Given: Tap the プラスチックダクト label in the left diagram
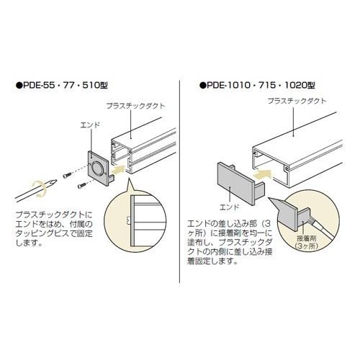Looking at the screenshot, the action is [136, 106].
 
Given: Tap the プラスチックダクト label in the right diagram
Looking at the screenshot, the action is [297, 101].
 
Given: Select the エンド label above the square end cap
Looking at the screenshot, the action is [90, 125].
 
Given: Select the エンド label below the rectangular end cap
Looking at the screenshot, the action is [230, 207].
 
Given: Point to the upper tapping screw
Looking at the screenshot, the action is [67, 176].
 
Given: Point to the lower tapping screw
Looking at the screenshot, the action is [83, 185].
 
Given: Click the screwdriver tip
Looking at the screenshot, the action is [53, 182].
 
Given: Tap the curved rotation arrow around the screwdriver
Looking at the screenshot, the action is [39, 189].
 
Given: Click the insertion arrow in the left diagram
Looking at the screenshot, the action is [119, 169].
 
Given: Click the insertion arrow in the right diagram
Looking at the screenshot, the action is [263, 174].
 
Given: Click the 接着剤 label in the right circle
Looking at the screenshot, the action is [307, 238].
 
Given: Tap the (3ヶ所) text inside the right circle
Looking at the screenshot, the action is [307, 246].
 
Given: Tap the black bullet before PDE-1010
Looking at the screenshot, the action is [203, 86].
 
